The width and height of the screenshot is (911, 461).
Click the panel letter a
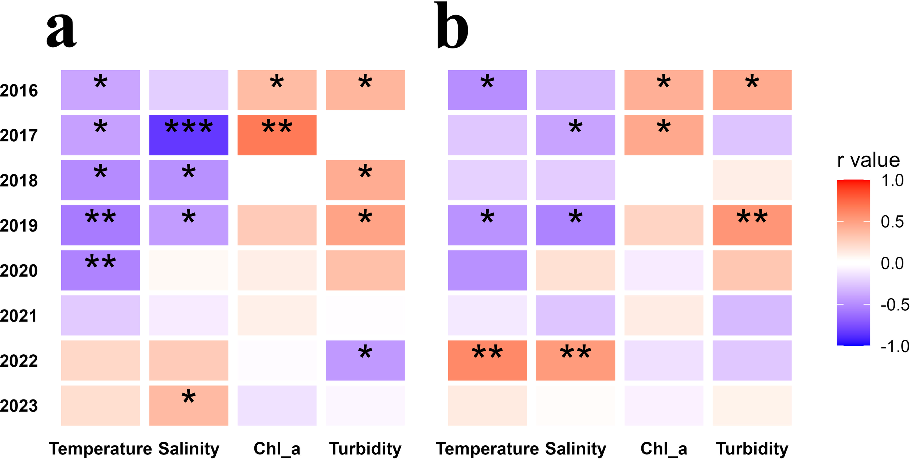pyautogui.click(x=61, y=31)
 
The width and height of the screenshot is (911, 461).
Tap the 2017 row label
pyautogui.click(x=19, y=135)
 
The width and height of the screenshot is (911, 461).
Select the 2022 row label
pyautogui.click(x=19, y=361)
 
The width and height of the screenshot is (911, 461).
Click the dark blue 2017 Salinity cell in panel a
pyautogui.click(x=188, y=135)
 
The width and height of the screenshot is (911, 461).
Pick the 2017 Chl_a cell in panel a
pyautogui.click(x=277, y=135)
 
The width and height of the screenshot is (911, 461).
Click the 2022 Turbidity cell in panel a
pyautogui.click(x=365, y=360)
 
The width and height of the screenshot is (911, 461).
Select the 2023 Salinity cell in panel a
pyautogui.click(x=188, y=405)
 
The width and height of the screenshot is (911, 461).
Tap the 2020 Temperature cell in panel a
pyautogui.click(x=100, y=270)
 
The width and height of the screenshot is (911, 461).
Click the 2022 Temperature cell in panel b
pyautogui.click(x=487, y=360)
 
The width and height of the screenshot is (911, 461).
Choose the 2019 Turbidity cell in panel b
pyautogui.click(x=752, y=225)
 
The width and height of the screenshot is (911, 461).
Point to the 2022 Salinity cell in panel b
pyautogui.click(x=575, y=360)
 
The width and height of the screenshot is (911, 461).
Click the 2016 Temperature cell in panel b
pyautogui.click(x=487, y=90)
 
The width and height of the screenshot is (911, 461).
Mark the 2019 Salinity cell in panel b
pyautogui.click(x=575, y=225)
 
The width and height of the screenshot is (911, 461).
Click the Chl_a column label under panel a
pyautogui.click(x=277, y=449)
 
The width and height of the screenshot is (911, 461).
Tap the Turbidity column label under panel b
pyautogui.click(x=752, y=449)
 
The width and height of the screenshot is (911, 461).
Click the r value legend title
pyautogui.click(x=868, y=160)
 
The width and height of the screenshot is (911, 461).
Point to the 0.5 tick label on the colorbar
pyautogui.click(x=892, y=222)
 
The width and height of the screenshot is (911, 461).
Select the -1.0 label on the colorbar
pyautogui.click(x=895, y=346)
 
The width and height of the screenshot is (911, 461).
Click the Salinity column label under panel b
pyautogui.click(x=575, y=449)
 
